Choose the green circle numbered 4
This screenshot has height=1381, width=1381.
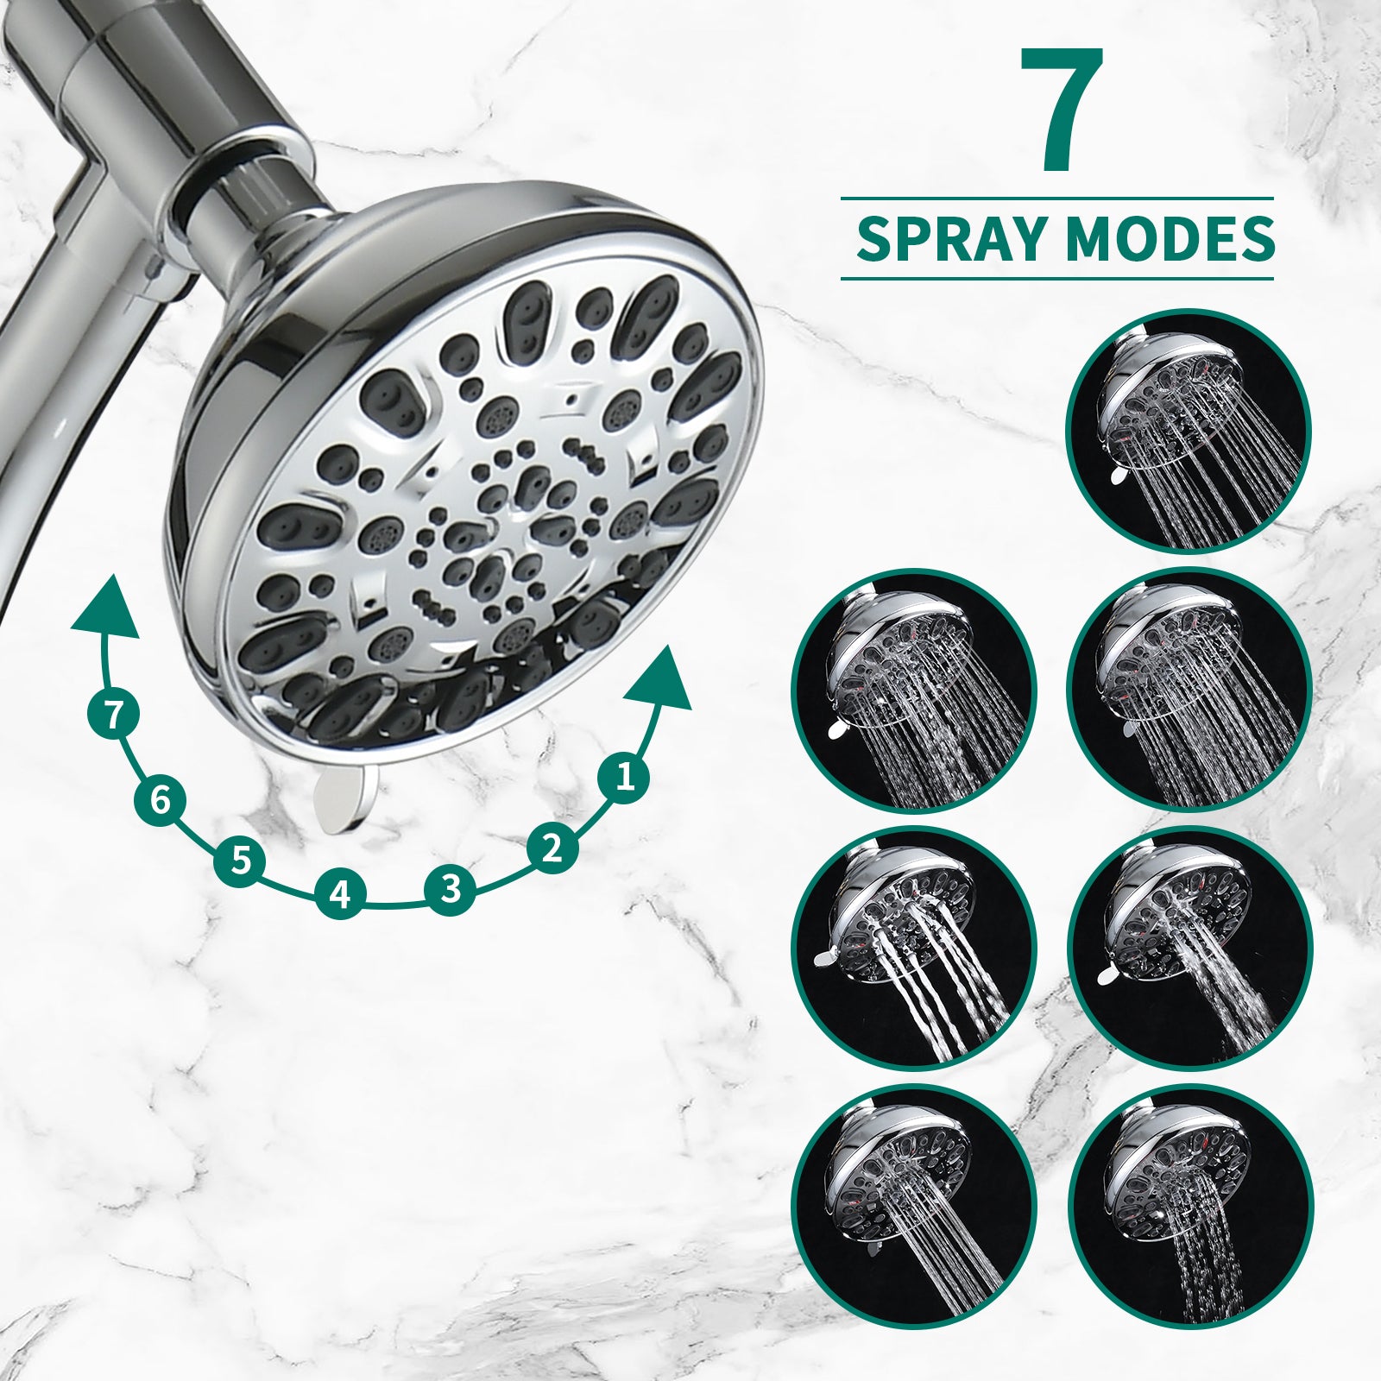click(341, 893)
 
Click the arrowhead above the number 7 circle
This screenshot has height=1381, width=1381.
click(106, 609)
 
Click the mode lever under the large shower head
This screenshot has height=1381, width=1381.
click(345, 799)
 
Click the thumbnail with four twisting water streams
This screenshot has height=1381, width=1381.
click(914, 948)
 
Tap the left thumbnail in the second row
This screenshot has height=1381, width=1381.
click(914, 690)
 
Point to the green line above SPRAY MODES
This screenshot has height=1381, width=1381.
click(1057, 199)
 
